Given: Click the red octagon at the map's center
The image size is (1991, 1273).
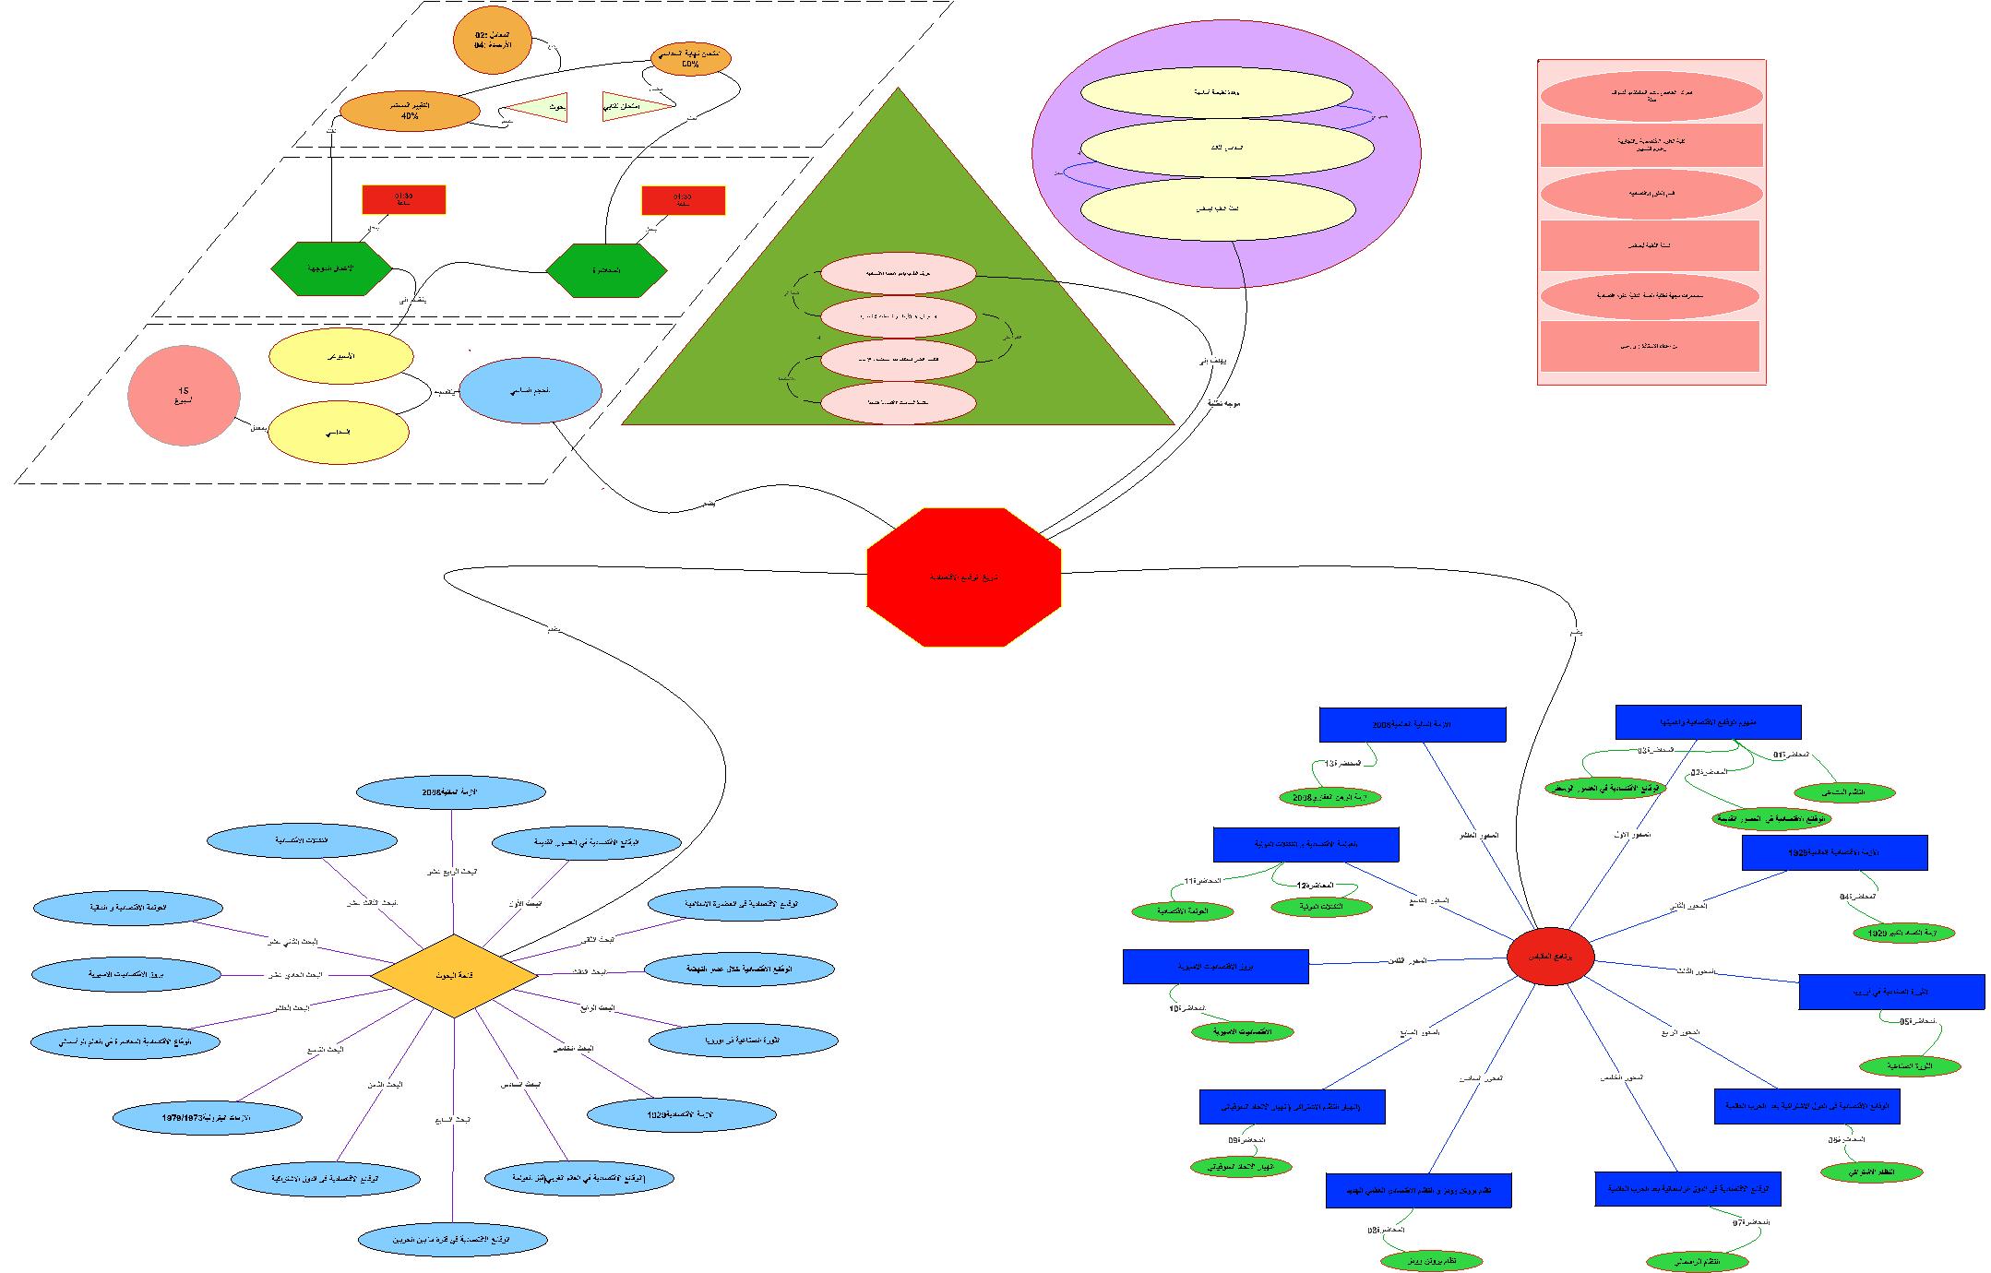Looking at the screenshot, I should click(963, 577).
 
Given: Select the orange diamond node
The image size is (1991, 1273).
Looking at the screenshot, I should click(454, 975).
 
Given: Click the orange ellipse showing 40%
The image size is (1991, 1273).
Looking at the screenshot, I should click(410, 112).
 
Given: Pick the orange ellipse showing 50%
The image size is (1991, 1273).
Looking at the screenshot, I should click(691, 59).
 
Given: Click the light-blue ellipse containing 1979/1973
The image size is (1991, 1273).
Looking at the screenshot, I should click(208, 1118).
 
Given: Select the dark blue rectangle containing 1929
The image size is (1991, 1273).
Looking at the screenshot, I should click(1834, 852).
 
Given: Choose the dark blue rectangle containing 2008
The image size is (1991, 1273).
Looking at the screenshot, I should click(1413, 724).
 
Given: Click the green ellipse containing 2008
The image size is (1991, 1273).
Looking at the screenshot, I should click(1329, 797).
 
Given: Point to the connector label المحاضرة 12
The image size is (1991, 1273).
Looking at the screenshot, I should click(1316, 886).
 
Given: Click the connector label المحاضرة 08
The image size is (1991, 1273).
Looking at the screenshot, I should click(1386, 1230).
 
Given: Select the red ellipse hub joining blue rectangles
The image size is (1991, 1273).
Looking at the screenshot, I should click(1551, 957).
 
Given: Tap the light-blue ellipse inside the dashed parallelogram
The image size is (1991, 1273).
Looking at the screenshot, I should click(531, 391).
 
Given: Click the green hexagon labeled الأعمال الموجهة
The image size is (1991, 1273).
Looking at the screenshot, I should click(331, 268).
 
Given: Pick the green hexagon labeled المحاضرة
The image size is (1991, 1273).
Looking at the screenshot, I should click(605, 270).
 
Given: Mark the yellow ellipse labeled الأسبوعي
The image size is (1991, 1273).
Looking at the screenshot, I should click(341, 356).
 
